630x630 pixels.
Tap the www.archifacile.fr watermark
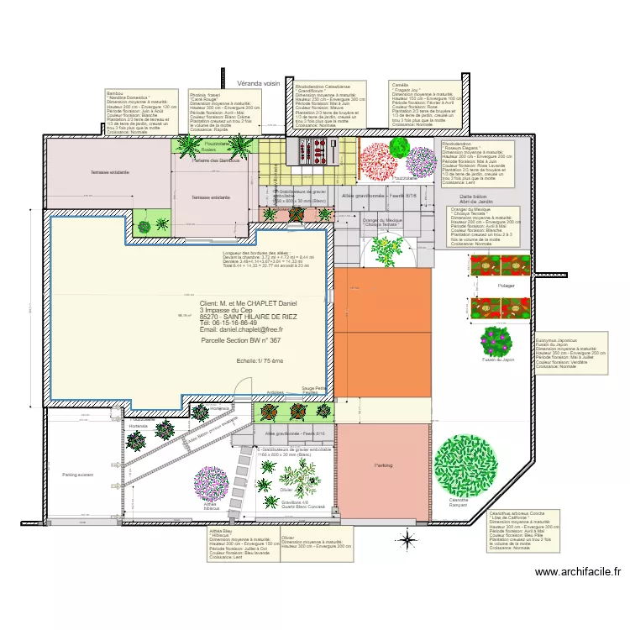click(x=579, y=572)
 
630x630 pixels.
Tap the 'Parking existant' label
click(x=77, y=475)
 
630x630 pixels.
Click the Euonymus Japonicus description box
click(x=570, y=354)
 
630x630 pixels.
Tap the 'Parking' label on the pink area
click(x=383, y=465)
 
